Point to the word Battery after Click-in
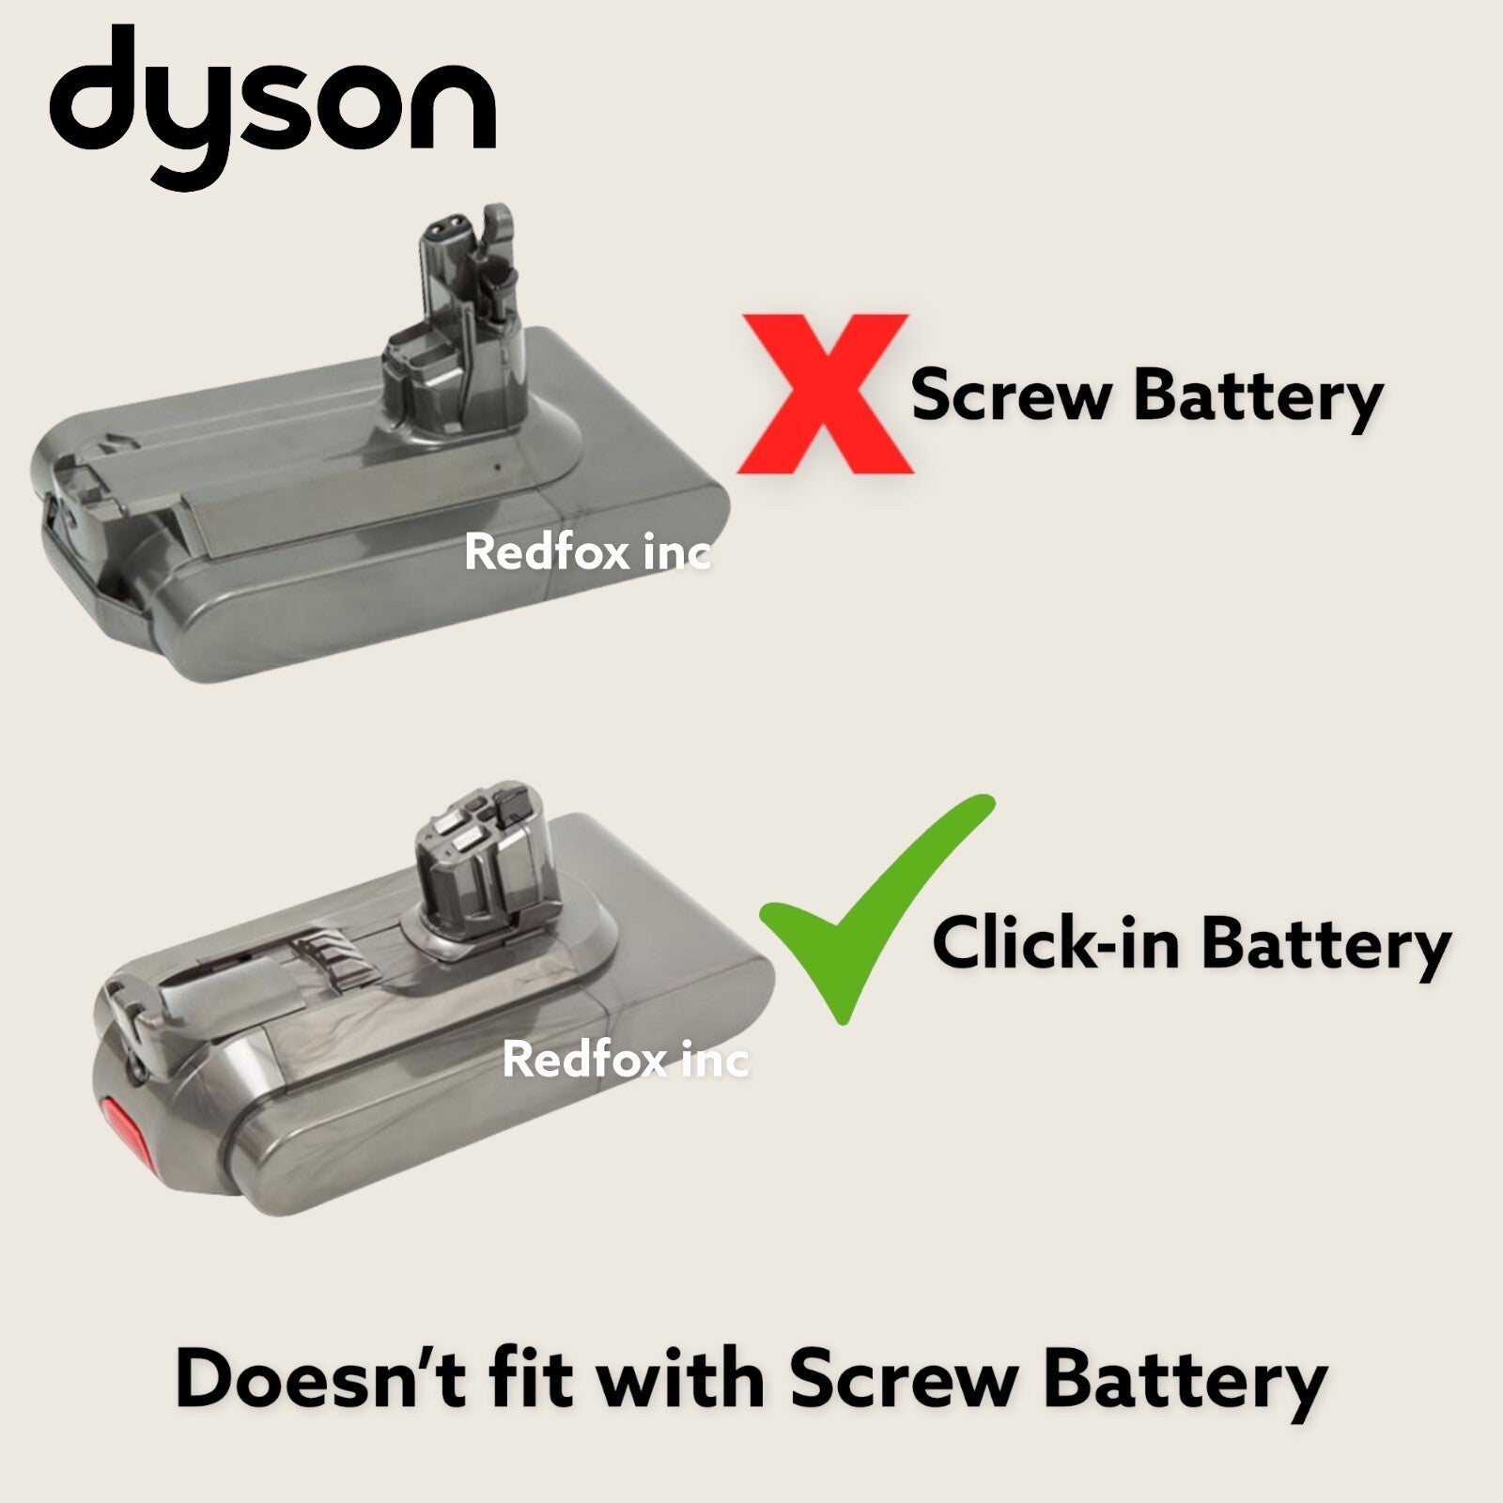tap(1325, 944)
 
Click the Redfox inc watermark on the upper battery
tap(587, 552)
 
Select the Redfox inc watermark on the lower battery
tap(626, 1060)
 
